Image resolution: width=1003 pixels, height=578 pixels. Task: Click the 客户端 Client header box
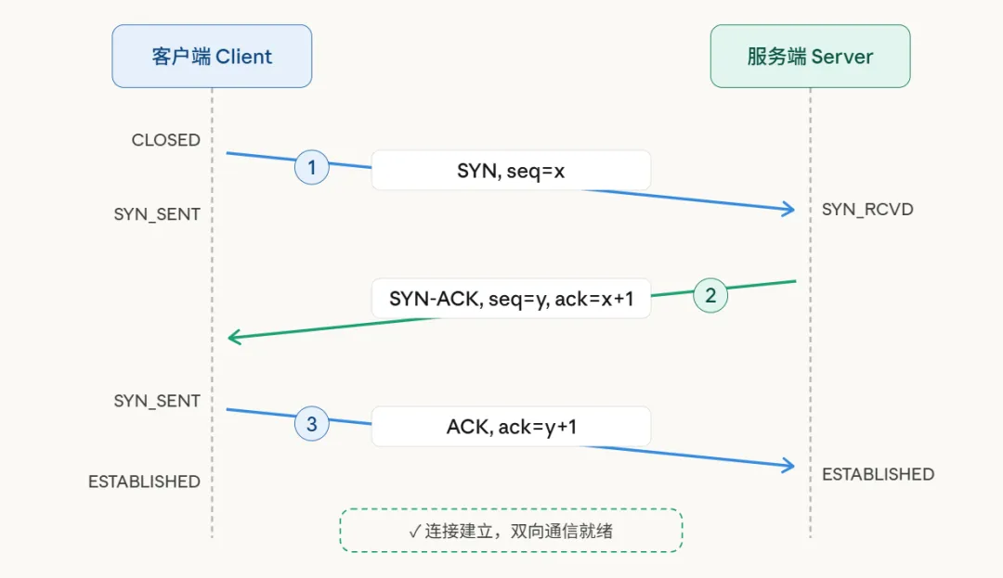tap(212, 57)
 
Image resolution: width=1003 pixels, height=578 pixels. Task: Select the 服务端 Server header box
tap(810, 57)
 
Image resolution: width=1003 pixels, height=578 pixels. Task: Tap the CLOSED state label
tap(166, 140)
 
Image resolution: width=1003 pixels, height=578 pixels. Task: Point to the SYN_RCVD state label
tap(867, 210)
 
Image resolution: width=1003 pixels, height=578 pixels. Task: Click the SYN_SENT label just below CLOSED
tap(157, 214)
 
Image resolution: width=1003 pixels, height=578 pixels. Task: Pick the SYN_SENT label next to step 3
tap(157, 401)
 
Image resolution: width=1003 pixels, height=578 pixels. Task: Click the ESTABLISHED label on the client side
tap(144, 482)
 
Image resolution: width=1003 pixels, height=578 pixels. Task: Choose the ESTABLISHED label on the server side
tap(878, 474)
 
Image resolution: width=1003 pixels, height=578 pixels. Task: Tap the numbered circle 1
tap(312, 168)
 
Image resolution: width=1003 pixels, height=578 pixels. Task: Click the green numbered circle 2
tap(710, 296)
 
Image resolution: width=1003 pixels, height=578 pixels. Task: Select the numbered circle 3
tap(312, 425)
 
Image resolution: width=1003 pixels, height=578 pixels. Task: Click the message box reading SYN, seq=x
tap(511, 171)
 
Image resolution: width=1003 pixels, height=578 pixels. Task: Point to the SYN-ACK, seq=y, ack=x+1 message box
tap(511, 299)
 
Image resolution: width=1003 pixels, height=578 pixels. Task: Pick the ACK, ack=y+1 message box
tap(511, 427)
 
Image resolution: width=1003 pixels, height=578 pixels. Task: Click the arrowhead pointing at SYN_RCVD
tap(789, 210)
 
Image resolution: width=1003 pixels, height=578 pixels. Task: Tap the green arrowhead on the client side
tap(234, 338)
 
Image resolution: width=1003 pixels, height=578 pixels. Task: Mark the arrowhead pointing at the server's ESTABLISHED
tap(789, 465)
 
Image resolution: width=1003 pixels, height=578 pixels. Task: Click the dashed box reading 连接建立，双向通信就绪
tap(511, 531)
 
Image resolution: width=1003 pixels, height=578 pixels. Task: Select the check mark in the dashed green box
tap(414, 532)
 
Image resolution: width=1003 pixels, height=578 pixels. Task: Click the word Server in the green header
tap(841, 57)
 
